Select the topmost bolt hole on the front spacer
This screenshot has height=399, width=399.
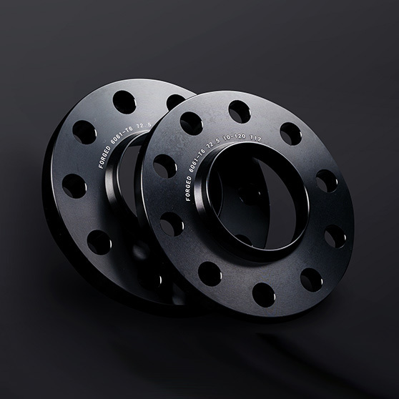coord(239,112)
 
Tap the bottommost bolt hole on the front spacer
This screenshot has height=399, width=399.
coord(262,293)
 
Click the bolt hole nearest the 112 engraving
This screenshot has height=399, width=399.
coord(290,134)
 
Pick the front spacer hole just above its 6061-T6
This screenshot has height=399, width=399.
coord(191,123)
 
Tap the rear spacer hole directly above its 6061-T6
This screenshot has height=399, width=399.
coord(124,103)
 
